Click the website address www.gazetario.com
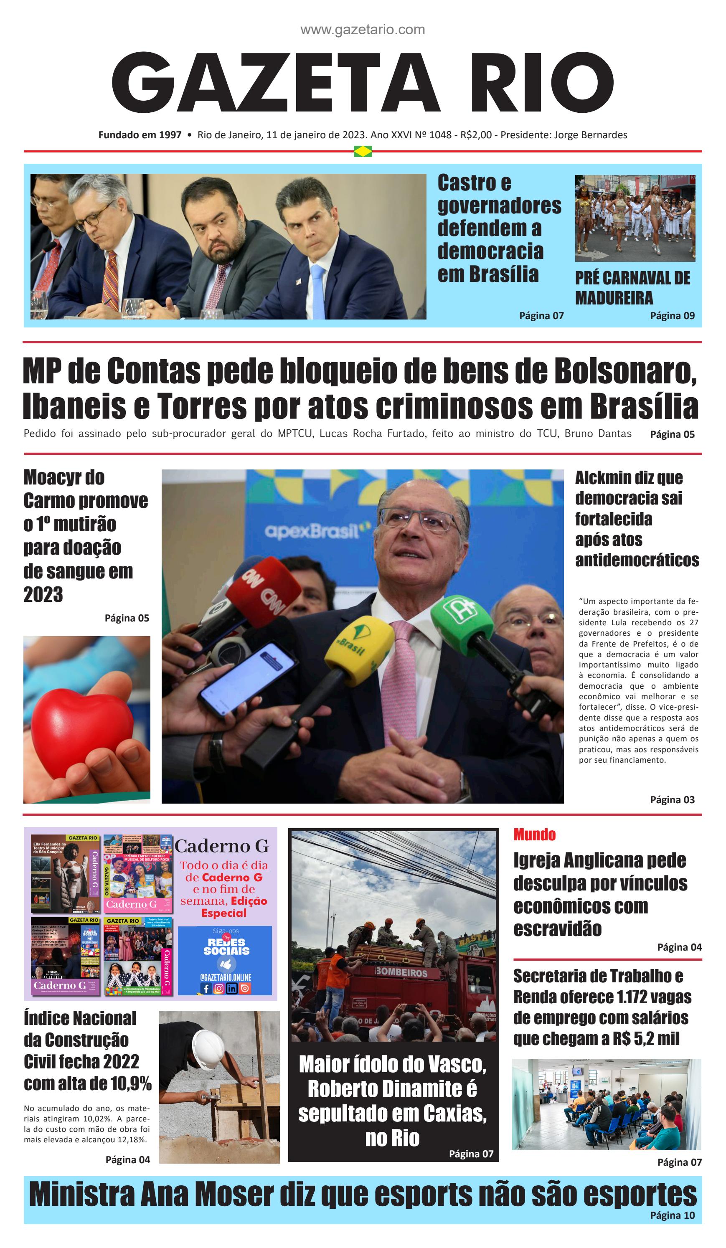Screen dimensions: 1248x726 click(x=363, y=30)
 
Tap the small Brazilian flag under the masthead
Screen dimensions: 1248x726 click(x=363, y=152)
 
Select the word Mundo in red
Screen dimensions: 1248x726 click(x=534, y=835)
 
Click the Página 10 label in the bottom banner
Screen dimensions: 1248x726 click(x=672, y=1215)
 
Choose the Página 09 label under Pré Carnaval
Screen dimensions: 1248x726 click(x=672, y=315)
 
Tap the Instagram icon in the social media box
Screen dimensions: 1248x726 click(x=219, y=989)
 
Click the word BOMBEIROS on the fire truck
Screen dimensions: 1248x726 click(x=401, y=973)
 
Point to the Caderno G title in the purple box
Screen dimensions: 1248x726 click(x=221, y=845)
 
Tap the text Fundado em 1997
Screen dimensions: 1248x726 click(x=140, y=135)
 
